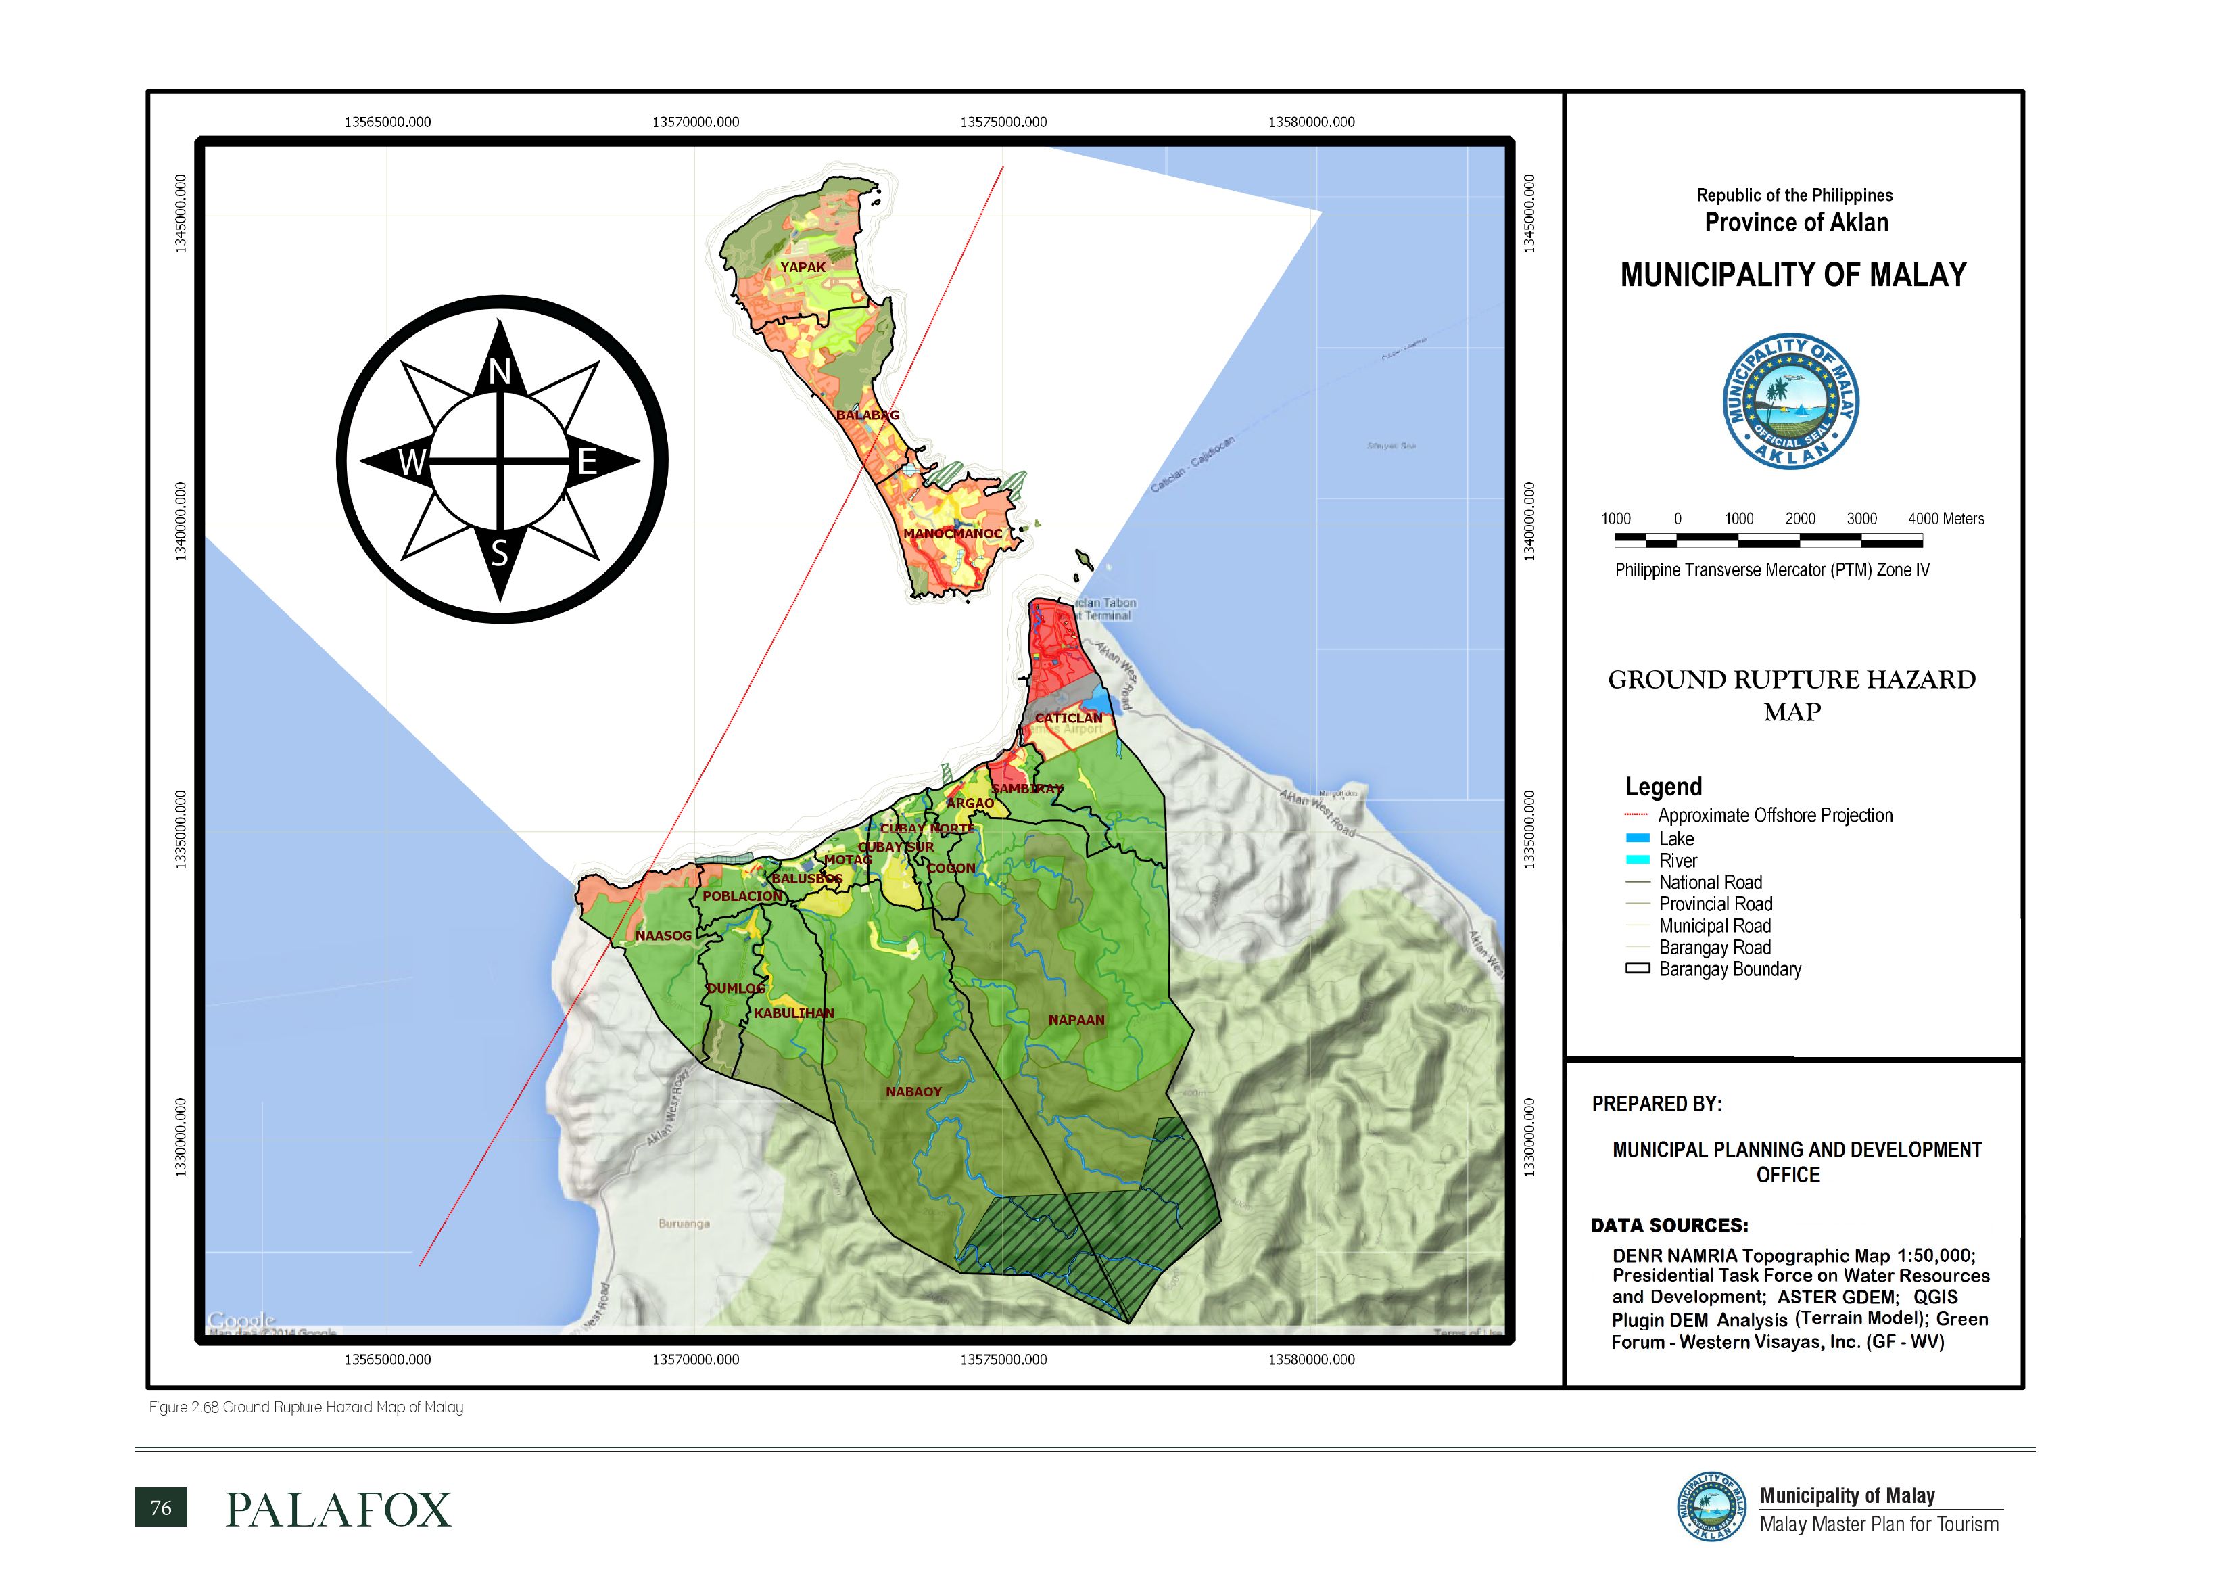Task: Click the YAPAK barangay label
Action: pyautogui.click(x=803, y=267)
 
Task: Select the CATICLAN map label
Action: pyautogui.click(x=1068, y=718)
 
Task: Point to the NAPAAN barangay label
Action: pyautogui.click(x=1076, y=1020)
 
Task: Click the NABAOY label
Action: pyautogui.click(x=913, y=1092)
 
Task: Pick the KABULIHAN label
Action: pyautogui.click(x=794, y=1013)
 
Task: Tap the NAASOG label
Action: pyautogui.click(x=663, y=936)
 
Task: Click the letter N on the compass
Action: pyautogui.click(x=500, y=371)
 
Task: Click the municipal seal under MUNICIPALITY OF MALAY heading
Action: pyautogui.click(x=1791, y=401)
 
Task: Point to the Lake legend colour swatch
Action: pyautogui.click(x=1638, y=839)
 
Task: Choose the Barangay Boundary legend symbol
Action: pyautogui.click(x=1638, y=969)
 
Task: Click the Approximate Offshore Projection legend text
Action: pyautogui.click(x=1774, y=816)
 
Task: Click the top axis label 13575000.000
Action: pyautogui.click(x=1003, y=122)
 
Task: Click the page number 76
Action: pyautogui.click(x=161, y=1508)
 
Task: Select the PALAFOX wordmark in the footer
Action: pyautogui.click(x=338, y=1510)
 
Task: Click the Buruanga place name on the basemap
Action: pyautogui.click(x=684, y=1224)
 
